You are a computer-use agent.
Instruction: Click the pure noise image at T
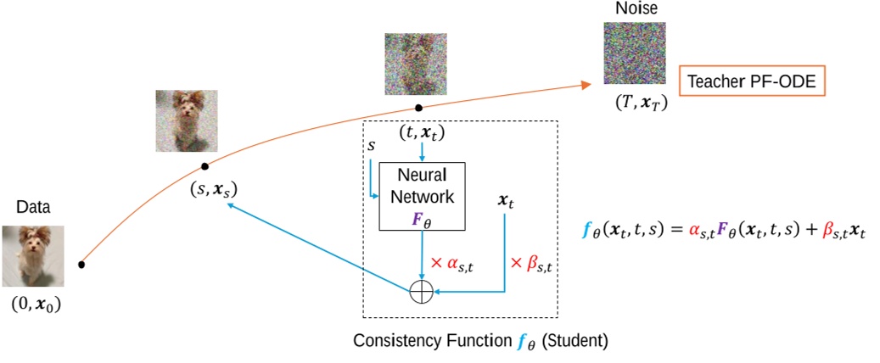coord(631,53)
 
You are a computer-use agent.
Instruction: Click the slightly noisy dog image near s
coord(186,120)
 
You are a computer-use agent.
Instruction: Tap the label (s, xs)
coord(213,191)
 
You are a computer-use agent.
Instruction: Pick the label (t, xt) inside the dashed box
coord(422,133)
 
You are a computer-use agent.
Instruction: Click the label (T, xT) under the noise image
coord(632,103)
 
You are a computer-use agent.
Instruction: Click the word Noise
coord(631,8)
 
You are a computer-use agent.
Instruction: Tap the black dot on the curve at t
coord(418,109)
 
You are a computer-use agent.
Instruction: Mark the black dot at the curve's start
coord(81,265)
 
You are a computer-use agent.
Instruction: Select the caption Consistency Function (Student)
coord(480,341)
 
